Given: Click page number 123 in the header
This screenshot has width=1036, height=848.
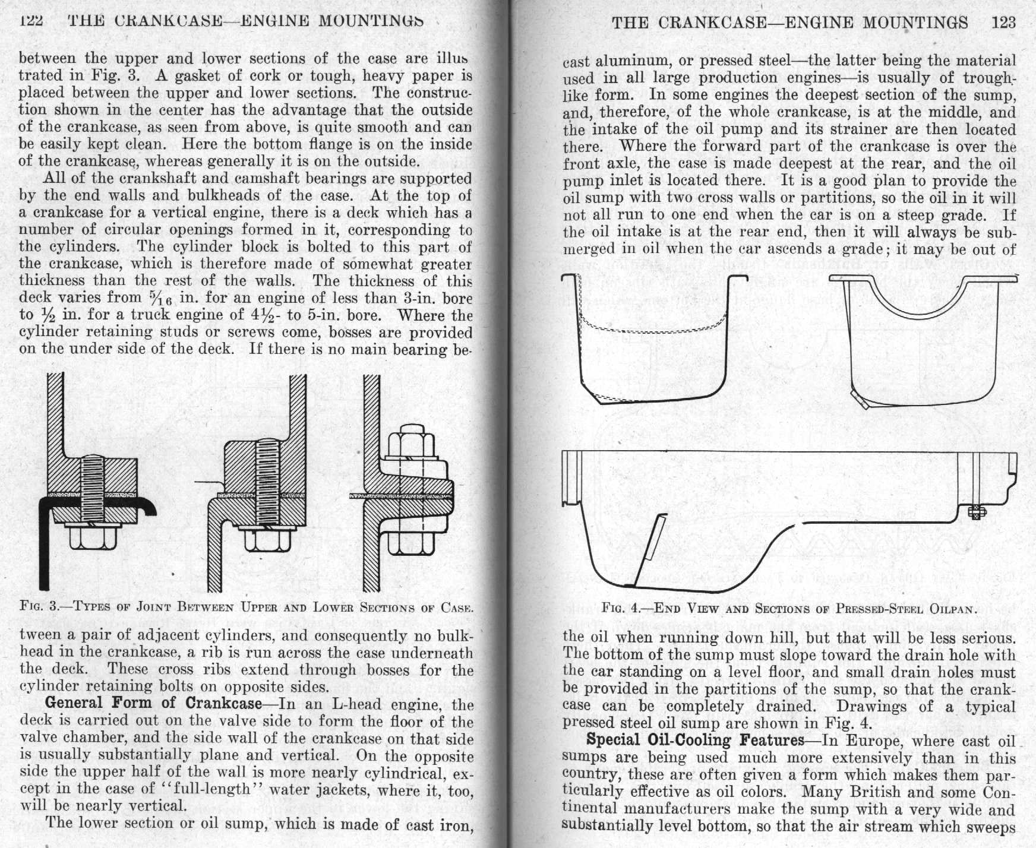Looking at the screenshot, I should pos(1003,23).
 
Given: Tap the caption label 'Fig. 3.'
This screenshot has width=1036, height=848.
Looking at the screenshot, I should pos(38,607).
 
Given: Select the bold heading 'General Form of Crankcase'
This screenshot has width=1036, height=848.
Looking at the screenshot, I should pos(153,703).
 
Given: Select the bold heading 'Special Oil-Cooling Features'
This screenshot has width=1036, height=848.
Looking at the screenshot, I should pos(694,740).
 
